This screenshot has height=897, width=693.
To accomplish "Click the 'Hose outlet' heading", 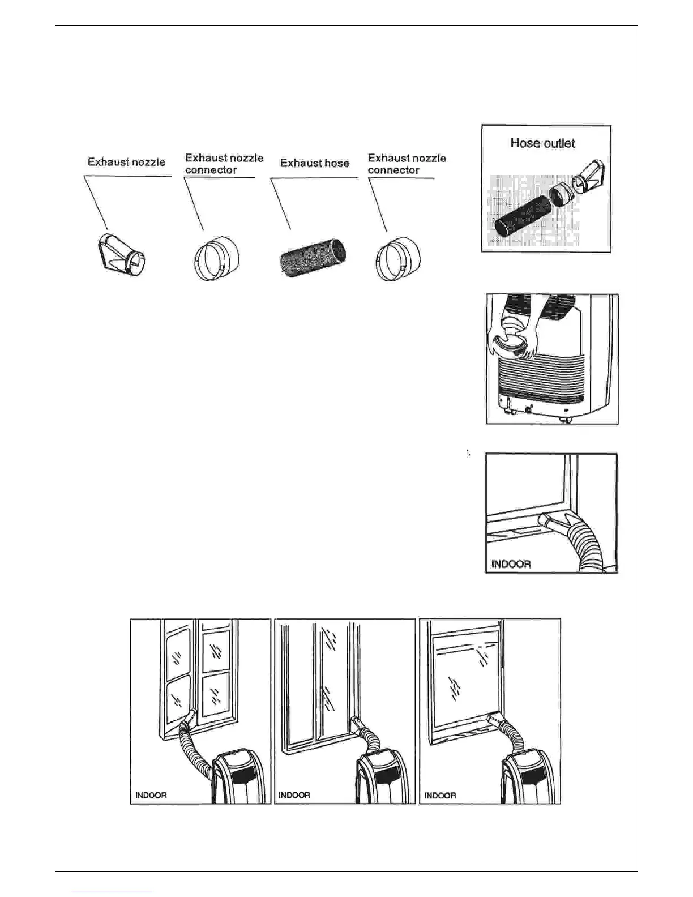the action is click(x=542, y=143).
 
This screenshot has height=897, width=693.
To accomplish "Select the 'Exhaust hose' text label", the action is click(x=315, y=163).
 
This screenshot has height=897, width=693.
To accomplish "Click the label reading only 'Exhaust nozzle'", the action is click(x=126, y=162).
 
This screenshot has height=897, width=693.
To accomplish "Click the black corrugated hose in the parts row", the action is click(x=313, y=258).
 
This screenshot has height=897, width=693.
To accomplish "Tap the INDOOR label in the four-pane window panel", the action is click(x=151, y=796).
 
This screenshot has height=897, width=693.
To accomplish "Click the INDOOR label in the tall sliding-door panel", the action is click(x=294, y=796).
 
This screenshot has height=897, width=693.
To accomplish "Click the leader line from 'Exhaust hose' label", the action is click(x=281, y=204).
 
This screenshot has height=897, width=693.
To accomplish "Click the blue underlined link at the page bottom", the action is click(x=113, y=892).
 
